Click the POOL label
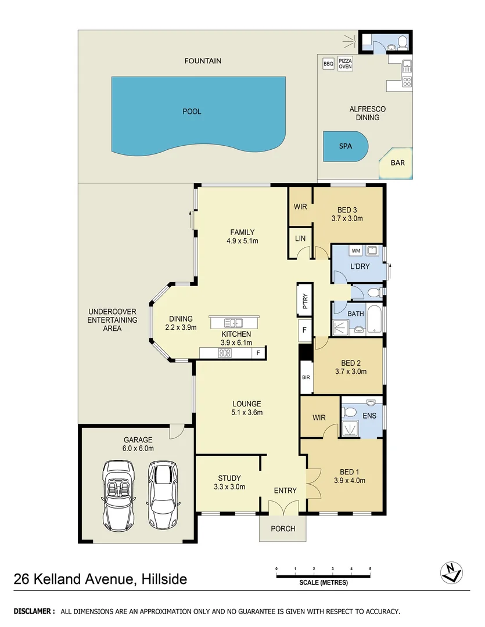(x=192, y=111)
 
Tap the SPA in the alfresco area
(x=346, y=146)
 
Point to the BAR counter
(x=397, y=164)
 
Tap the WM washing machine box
(x=355, y=251)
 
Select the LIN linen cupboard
(x=300, y=239)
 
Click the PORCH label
(x=283, y=529)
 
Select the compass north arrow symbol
(x=451, y=573)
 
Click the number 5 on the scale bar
(x=369, y=568)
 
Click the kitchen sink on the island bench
(x=235, y=323)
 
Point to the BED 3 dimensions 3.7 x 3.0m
(x=347, y=219)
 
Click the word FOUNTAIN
(x=203, y=60)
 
